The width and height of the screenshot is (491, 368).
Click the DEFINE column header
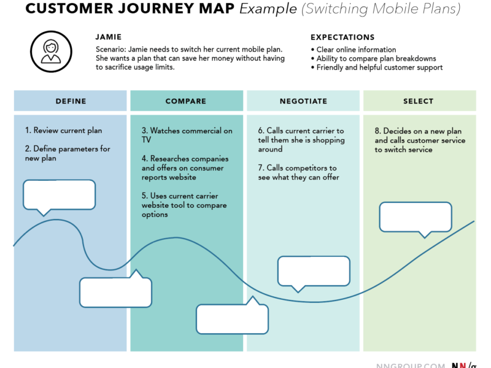(71, 101)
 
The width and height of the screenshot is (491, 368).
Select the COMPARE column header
(186, 101)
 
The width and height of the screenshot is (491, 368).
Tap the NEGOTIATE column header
(303, 101)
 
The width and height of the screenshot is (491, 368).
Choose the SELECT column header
(419, 101)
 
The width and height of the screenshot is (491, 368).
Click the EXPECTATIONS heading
(342, 37)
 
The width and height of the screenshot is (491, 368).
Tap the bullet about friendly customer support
(379, 67)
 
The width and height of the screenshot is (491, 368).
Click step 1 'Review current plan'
(64, 131)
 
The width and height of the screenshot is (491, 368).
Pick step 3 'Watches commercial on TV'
(187, 135)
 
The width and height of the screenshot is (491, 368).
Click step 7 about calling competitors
(299, 173)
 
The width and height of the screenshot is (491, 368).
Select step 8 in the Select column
(420, 140)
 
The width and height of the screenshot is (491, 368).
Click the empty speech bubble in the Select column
(416, 217)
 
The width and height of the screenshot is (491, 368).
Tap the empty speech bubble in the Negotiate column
(314, 270)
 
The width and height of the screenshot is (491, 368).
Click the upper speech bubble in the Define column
(59, 194)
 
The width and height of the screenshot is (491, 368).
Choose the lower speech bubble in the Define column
(115, 292)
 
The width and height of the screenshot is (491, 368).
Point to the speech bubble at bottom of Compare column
(232, 319)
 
